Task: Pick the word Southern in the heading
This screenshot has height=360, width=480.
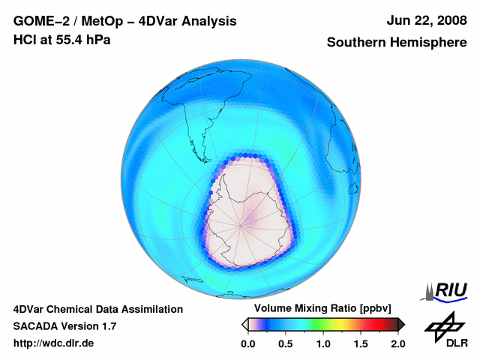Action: [358, 43]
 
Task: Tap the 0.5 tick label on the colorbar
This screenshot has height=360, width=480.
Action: [286, 343]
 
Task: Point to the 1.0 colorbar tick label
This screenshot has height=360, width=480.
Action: [323, 343]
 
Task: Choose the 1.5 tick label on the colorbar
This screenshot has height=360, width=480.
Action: [361, 343]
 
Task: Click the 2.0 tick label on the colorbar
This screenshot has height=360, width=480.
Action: [397, 343]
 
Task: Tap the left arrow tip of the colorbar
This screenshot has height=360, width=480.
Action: [244, 324]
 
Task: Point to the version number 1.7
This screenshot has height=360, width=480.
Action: [107, 326]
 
